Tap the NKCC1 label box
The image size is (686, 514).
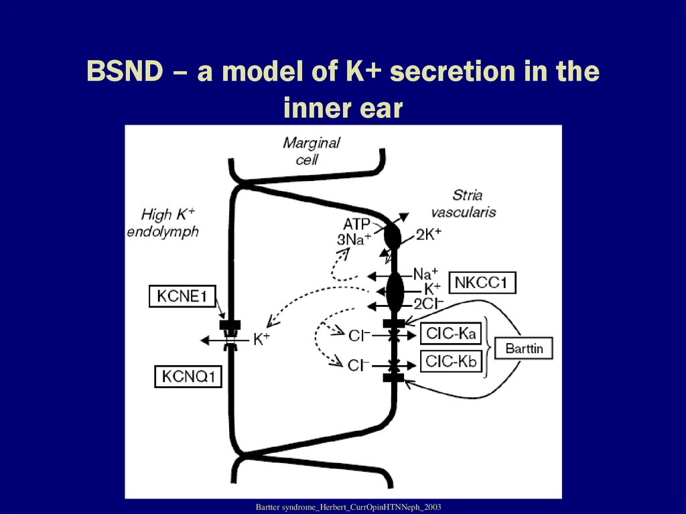(482, 283)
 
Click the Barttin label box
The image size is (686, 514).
(524, 348)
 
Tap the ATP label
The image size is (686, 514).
(357, 224)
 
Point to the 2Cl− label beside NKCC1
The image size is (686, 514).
(428, 303)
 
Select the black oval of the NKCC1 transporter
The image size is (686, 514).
(395, 290)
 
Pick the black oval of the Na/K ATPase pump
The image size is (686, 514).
(392, 237)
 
